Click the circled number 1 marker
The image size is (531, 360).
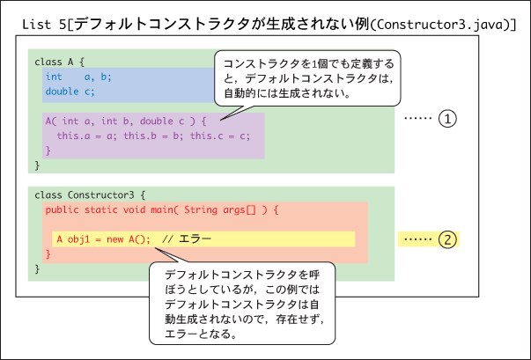[447, 119]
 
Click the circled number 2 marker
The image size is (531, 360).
[447, 239]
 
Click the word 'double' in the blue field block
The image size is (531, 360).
[62, 92]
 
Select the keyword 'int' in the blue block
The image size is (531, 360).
[54, 77]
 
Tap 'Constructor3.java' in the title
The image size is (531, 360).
[439, 25]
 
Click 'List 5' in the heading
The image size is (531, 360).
[44, 25]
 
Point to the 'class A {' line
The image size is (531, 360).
[59, 62]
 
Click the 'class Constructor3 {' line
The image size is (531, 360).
[90, 195]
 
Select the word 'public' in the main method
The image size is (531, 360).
[62, 209]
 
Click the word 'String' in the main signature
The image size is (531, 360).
[201, 209]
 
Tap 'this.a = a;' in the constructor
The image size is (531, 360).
[87, 136]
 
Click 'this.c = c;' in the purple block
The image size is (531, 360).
[220, 136]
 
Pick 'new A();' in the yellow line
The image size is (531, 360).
[129, 239]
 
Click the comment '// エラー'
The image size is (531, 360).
[187, 239]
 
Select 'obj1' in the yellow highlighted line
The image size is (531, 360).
[79, 239]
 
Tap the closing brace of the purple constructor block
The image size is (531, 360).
[48, 151]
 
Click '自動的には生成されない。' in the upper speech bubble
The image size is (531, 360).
[287, 93]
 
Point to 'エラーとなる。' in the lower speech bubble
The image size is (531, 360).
[201, 334]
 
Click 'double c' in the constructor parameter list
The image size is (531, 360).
[162, 121]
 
